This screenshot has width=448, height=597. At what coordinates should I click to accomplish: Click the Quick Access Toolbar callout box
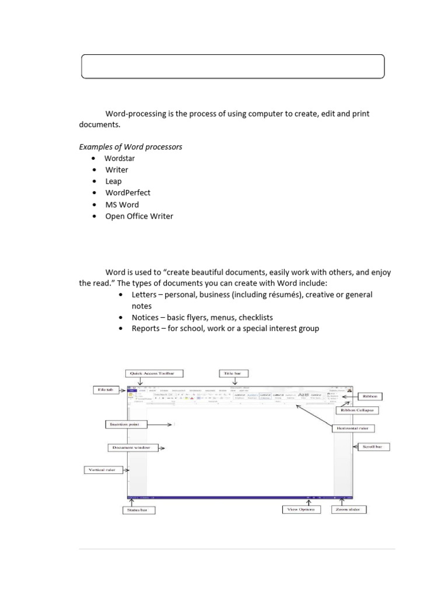click(153, 373)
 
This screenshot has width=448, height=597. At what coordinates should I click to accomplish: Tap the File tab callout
click(105, 389)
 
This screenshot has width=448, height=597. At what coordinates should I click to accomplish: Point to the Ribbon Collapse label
click(357, 410)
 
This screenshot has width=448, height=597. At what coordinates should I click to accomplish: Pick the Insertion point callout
click(123, 424)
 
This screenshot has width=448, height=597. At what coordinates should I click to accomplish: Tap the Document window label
click(129, 448)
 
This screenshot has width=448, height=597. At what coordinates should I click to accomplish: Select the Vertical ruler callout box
click(102, 469)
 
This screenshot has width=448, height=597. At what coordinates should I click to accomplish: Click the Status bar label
click(138, 510)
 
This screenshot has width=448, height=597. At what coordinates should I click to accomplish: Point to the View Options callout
click(301, 510)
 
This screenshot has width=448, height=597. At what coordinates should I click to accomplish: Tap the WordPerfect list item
click(128, 193)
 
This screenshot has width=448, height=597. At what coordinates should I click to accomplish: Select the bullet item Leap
click(113, 181)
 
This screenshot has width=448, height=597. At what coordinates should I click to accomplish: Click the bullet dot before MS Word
click(93, 205)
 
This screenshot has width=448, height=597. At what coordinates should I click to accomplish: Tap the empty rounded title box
click(232, 66)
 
